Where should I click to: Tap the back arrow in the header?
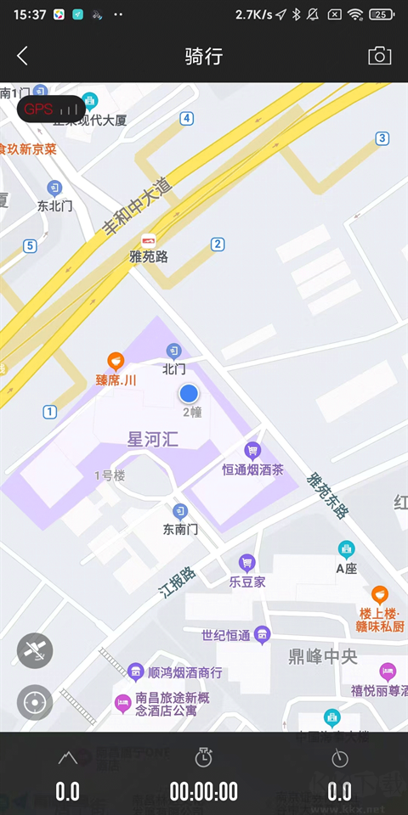point(23,56)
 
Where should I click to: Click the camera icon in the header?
point(379,56)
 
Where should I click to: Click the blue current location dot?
point(189,393)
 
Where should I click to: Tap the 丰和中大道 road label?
point(137,207)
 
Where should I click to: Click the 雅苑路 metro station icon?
point(149,240)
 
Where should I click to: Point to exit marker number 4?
point(186,118)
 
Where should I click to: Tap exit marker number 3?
point(382,138)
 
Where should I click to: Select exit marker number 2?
point(218,244)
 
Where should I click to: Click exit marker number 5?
point(30,246)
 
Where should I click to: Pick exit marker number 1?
point(49,412)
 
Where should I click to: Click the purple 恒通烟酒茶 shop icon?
point(252,450)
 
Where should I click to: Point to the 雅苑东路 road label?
point(327,495)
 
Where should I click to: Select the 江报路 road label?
point(178,583)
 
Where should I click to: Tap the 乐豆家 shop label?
point(247,582)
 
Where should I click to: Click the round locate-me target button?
point(35,702)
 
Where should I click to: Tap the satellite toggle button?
point(35,650)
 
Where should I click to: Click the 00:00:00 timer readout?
point(204,792)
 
